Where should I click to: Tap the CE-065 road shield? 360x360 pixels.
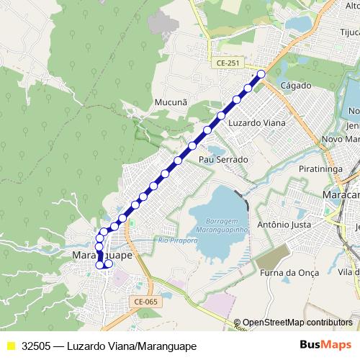point(145,302)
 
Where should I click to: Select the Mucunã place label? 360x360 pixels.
point(171,103)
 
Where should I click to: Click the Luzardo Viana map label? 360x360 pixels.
point(256,123)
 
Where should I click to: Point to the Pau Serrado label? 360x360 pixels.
point(223,159)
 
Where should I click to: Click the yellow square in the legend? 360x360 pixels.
point(11,346)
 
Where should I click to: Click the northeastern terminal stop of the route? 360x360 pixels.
point(261,74)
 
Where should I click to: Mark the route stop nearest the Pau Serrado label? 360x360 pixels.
point(192,146)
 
